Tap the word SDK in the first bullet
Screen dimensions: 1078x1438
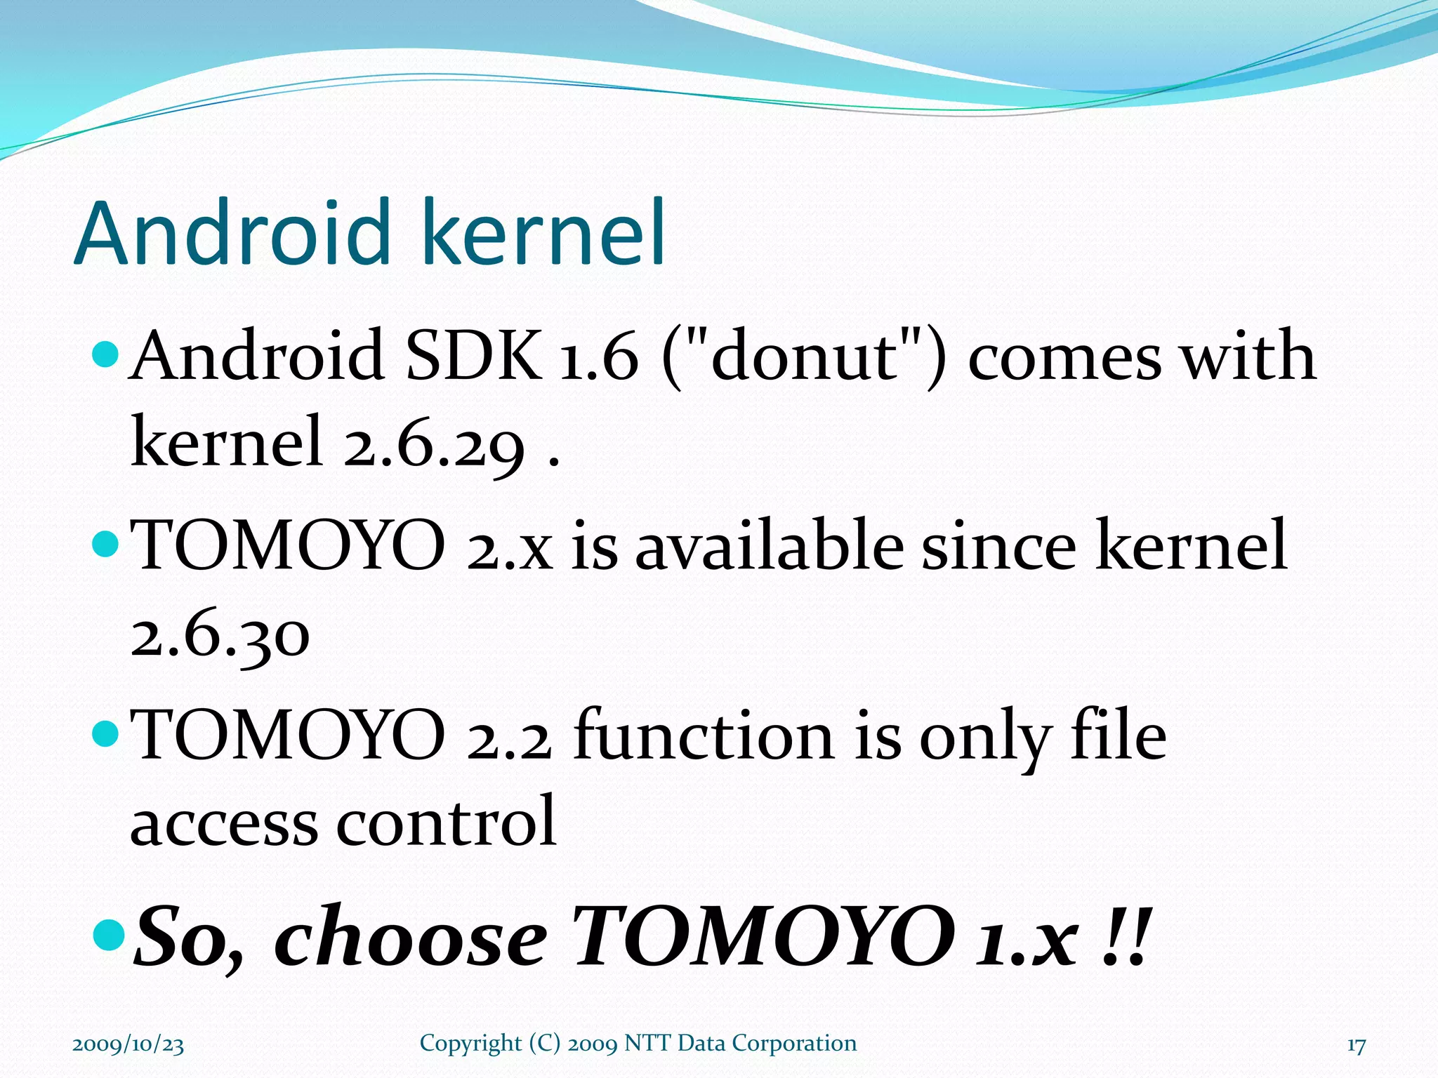coord(475,356)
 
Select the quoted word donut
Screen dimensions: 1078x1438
coord(805,356)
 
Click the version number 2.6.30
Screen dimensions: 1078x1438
coord(220,635)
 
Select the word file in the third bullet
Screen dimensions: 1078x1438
coord(1118,736)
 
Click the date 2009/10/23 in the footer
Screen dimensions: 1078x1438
coord(128,1044)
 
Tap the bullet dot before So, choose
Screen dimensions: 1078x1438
coord(107,934)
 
